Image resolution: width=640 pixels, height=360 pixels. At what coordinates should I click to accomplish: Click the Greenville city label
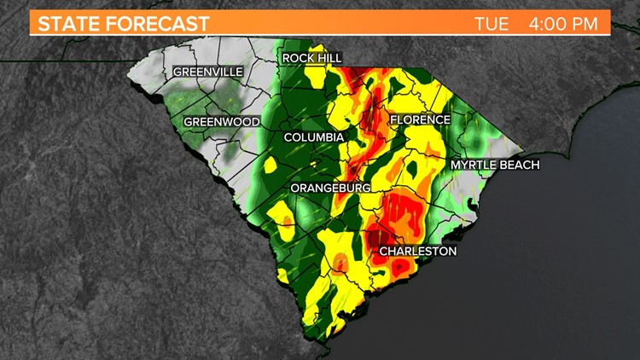tap(207, 72)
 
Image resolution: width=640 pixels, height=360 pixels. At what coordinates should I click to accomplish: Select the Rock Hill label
tap(312, 58)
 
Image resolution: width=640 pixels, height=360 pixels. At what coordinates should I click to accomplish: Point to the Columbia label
tap(314, 137)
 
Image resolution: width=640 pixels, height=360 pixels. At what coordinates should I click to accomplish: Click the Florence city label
tap(420, 120)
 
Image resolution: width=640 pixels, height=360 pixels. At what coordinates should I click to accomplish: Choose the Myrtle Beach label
tap(495, 165)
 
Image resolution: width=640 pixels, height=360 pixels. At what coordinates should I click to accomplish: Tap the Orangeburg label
tap(329, 187)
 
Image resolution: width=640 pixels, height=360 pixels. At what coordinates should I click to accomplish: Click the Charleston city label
tap(417, 251)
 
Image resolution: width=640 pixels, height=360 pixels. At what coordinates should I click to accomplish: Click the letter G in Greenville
tap(177, 72)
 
